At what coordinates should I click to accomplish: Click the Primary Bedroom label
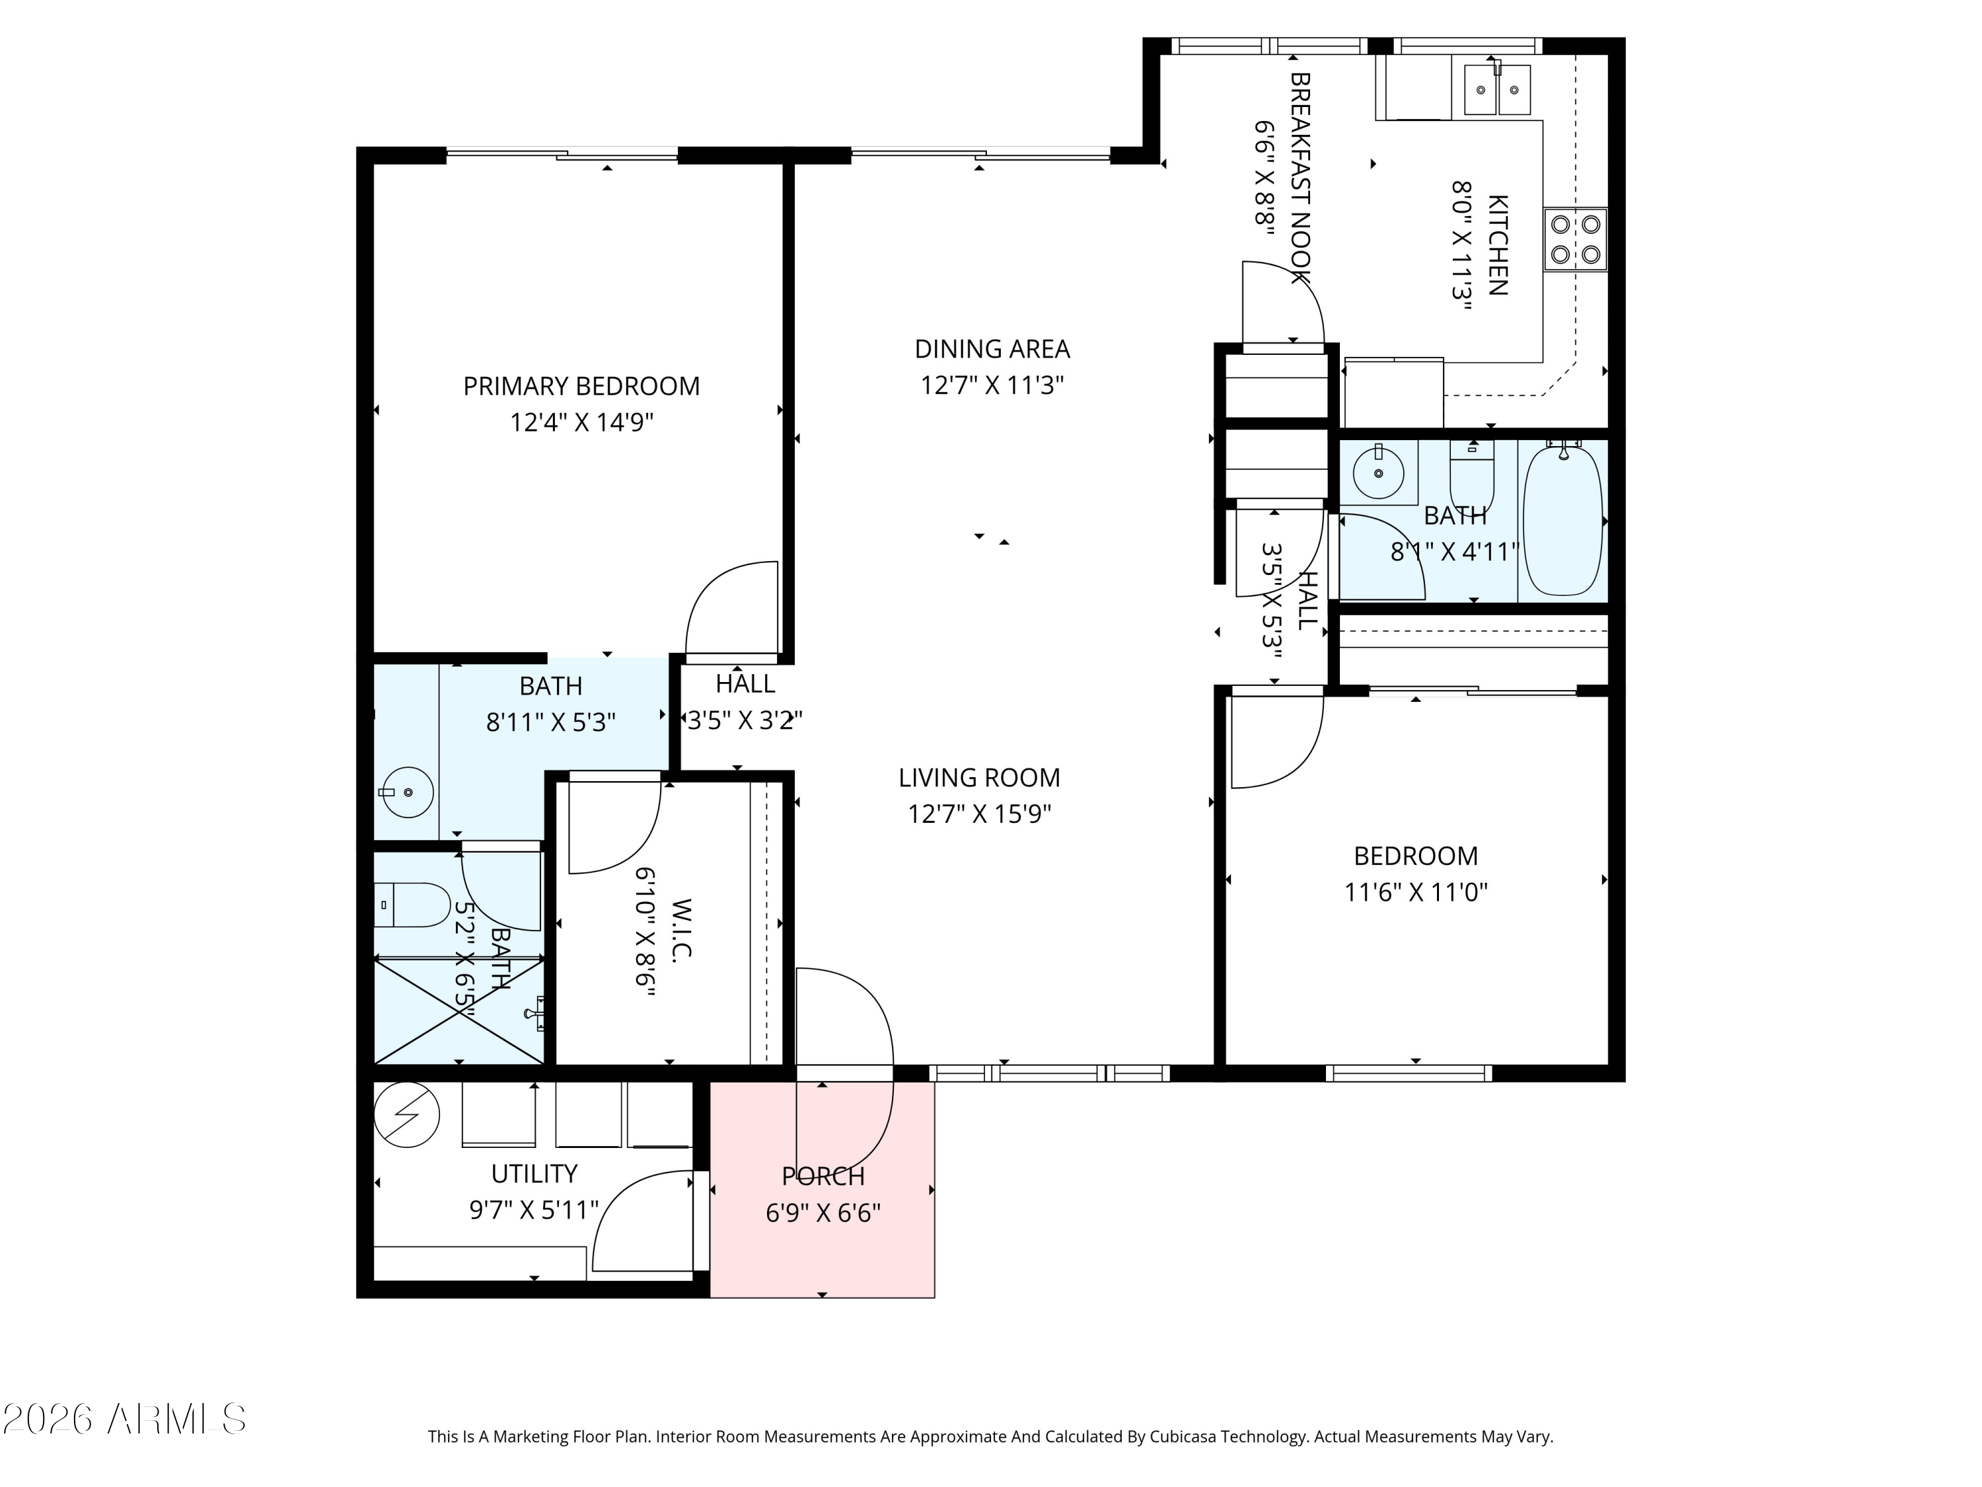[x=581, y=387]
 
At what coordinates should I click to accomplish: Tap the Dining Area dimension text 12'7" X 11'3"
[x=992, y=385]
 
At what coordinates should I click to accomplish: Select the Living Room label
[x=979, y=778]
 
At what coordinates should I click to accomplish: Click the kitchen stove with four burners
[x=1575, y=239]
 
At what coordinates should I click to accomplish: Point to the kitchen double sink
[x=1497, y=89]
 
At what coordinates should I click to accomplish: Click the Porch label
[x=823, y=1176]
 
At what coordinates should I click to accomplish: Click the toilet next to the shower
[x=412, y=905]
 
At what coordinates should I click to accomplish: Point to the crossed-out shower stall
[x=459, y=1012]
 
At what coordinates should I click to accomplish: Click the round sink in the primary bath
[x=408, y=792]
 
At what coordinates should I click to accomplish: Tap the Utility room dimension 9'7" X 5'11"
[x=534, y=1211]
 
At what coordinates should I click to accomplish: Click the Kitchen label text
[x=1497, y=245]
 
